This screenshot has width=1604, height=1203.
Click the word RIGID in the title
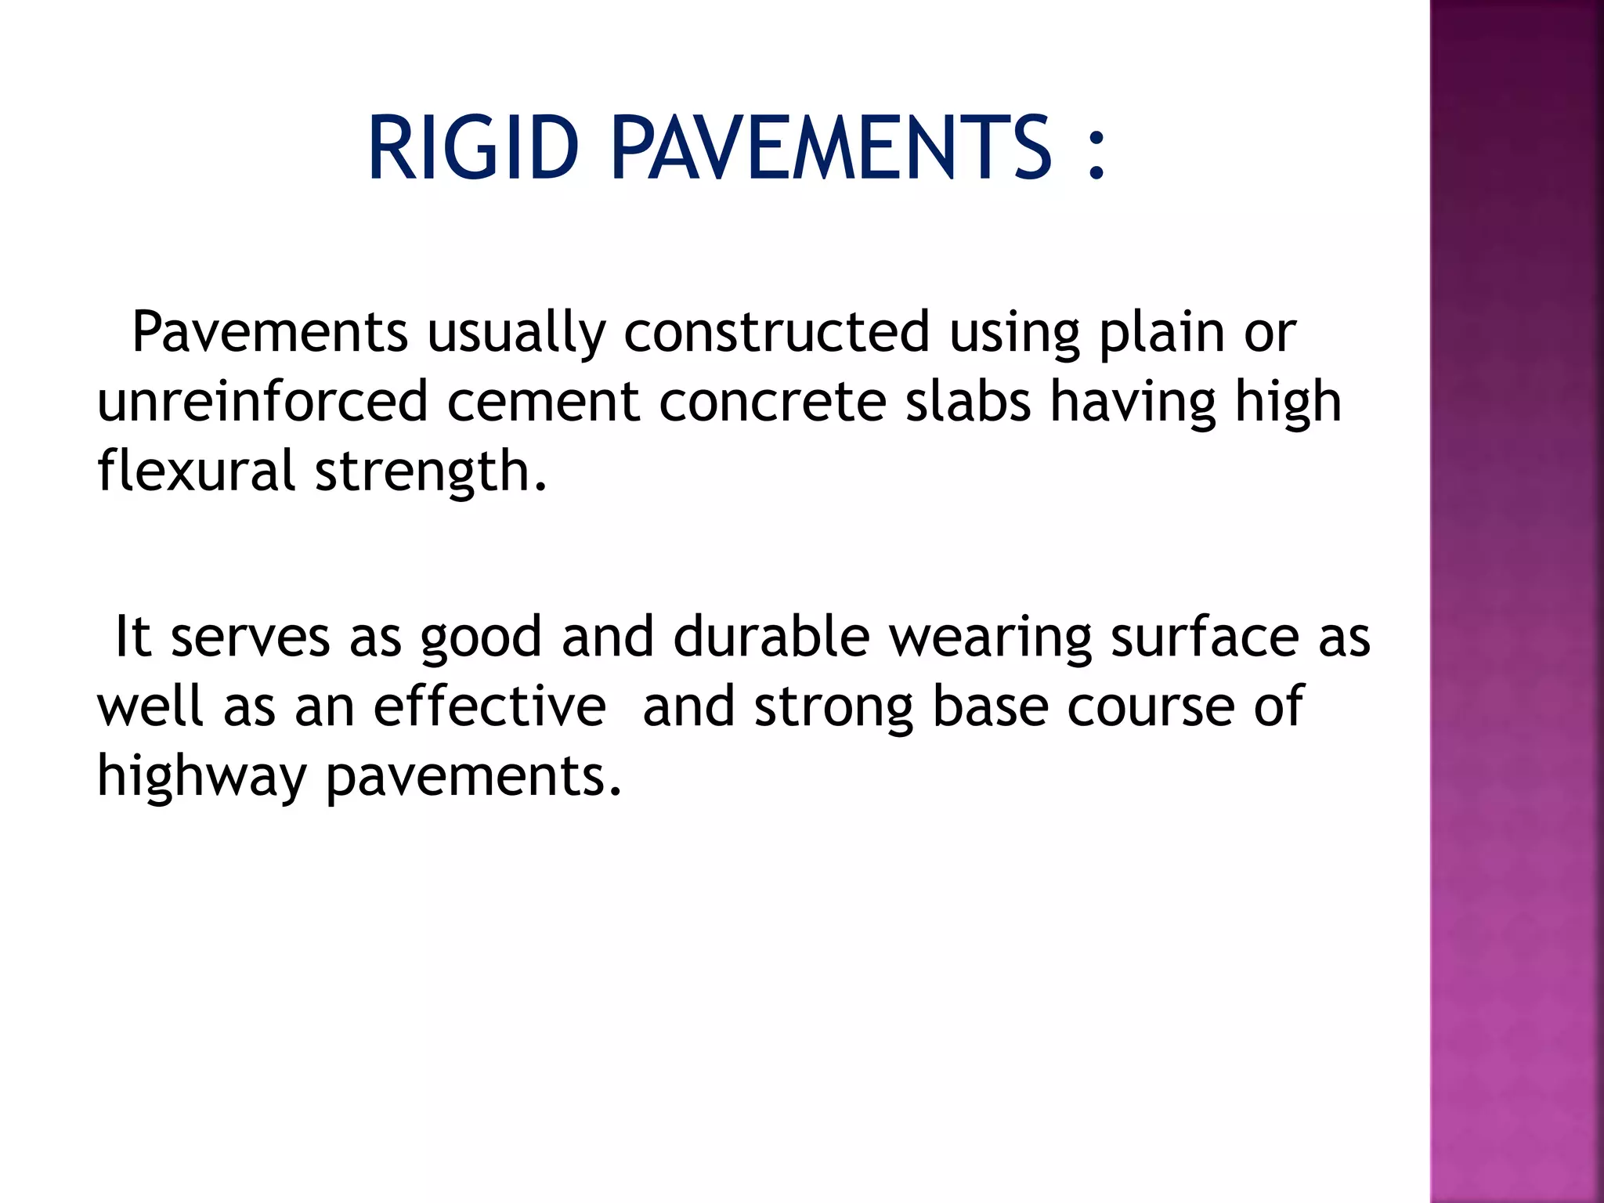[472, 148]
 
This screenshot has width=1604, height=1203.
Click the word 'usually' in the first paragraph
[516, 332]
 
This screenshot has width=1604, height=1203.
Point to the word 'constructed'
[776, 332]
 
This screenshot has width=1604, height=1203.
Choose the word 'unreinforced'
[262, 402]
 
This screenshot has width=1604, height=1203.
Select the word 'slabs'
[968, 402]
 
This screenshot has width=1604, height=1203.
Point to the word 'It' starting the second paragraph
[132, 636]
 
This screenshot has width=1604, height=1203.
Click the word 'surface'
[1205, 637]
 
